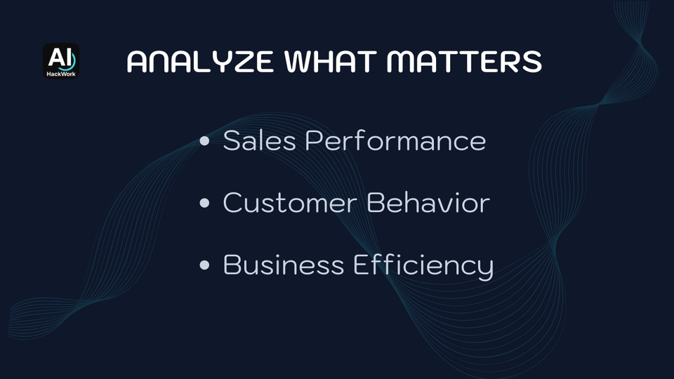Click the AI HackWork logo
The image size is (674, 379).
61,61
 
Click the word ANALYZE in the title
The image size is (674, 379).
200,62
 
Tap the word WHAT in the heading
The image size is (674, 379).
331,62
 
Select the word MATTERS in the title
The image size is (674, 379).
464,62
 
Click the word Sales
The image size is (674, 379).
260,140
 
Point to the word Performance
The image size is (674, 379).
395,140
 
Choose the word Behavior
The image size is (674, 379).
428,202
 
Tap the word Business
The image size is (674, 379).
284,265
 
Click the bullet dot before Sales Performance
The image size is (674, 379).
204,141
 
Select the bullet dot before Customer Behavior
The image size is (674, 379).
204,203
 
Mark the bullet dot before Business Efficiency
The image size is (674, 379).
204,265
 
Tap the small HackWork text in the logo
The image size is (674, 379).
61,74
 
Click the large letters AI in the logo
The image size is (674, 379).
60,57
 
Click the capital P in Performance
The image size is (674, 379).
313,140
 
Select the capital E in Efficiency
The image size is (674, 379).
360,265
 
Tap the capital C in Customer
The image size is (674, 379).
232,202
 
